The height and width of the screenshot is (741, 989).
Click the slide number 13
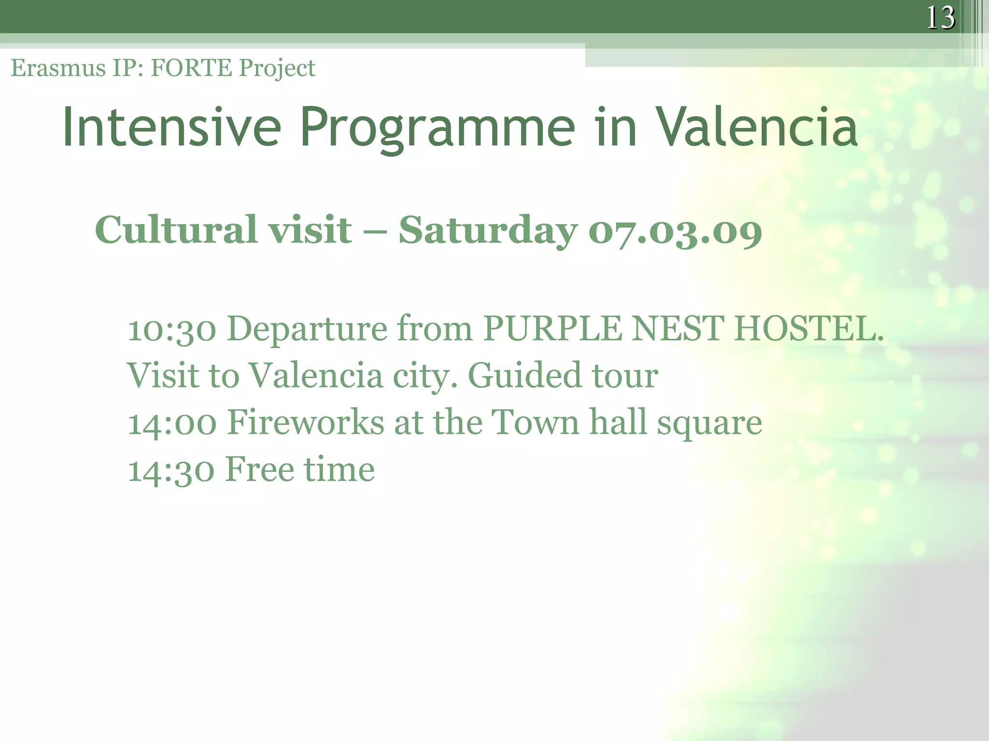[940, 18]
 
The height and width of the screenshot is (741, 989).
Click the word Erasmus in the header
[58, 68]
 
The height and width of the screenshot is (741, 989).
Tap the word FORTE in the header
[191, 68]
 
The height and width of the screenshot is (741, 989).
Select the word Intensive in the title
[171, 127]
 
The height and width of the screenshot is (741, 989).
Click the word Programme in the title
[437, 127]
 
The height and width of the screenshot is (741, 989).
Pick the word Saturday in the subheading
[488, 231]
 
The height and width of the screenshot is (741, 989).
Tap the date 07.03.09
[675, 232]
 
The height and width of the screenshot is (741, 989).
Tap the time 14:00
[171, 423]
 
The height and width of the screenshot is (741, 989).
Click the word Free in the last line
[259, 469]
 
